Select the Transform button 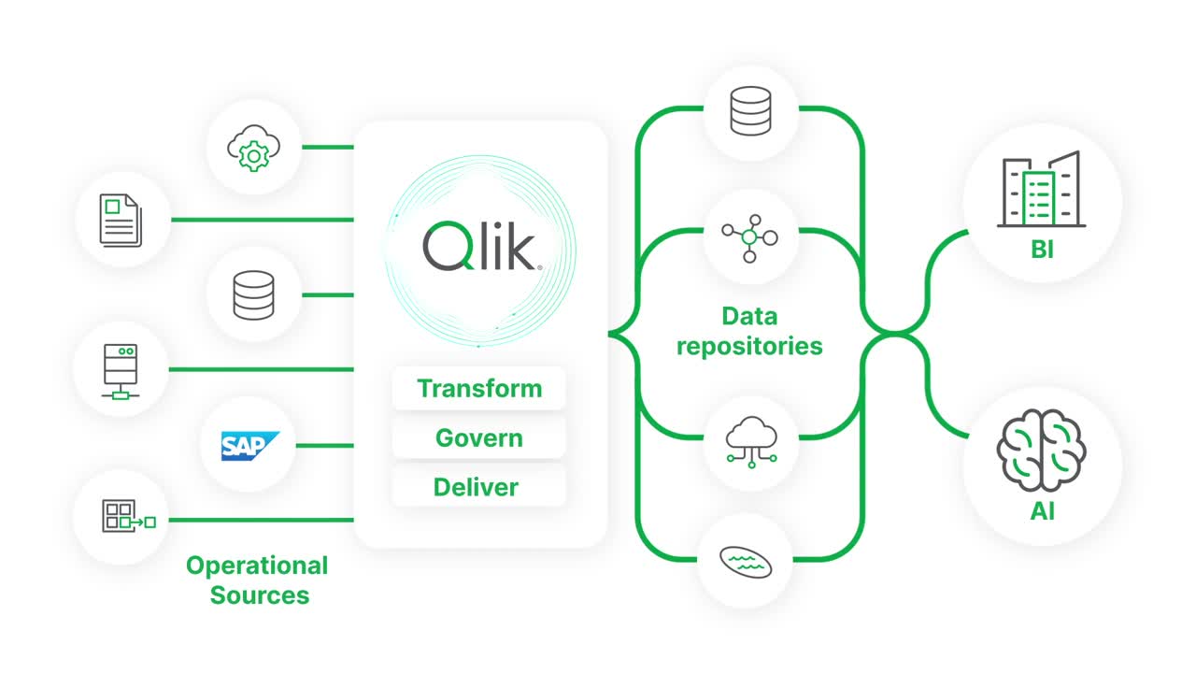(479, 388)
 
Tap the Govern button (479, 437)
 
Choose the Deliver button (476, 487)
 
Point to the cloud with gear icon (253, 147)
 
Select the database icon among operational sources (254, 294)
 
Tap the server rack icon (121, 369)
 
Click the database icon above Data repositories (750, 110)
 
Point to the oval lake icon (746, 562)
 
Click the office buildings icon (1041, 191)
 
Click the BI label (1043, 250)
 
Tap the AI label (1043, 512)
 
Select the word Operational (257, 566)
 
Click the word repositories (749, 346)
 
